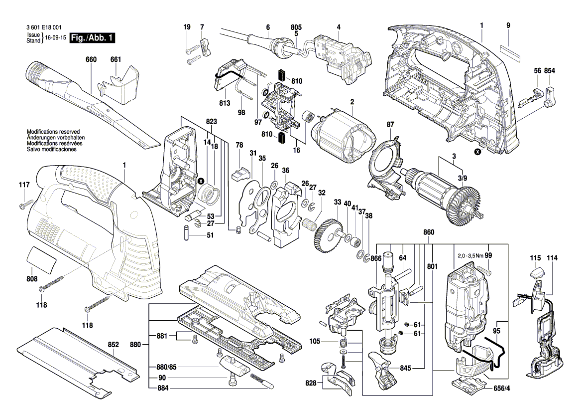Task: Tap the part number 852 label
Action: tap(114, 344)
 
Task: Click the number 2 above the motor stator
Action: tap(351, 102)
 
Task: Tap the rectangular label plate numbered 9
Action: tap(508, 51)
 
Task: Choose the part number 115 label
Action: tap(535, 258)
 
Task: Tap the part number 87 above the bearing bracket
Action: tap(390, 124)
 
